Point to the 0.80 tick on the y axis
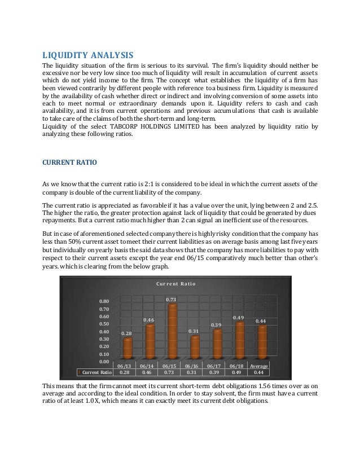pyautogui.click(x=103, y=301)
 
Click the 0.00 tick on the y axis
pyautogui.click(x=103, y=361)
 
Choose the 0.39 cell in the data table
pyautogui.click(x=216, y=372)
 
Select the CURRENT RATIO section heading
pyautogui.click(x=69, y=162)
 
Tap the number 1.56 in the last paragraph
pyautogui.click(x=261, y=385)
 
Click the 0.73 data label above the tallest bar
pyautogui.click(x=172, y=299)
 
